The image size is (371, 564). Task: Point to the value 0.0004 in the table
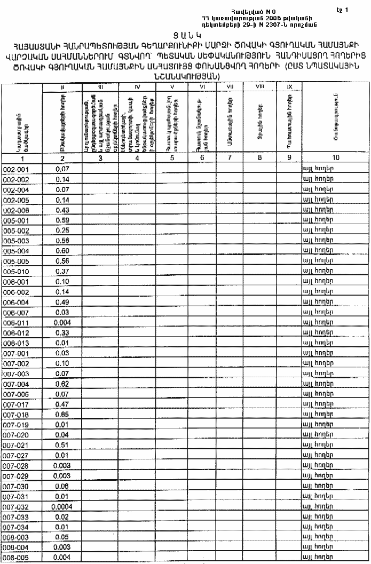pos(63,506)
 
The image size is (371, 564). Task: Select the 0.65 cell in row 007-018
pos(63,415)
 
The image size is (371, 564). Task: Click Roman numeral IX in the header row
pos(288,86)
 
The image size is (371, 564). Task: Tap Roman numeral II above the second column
pos(63,86)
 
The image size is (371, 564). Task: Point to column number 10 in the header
pos(335,158)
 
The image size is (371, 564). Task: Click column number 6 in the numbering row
pos(202,158)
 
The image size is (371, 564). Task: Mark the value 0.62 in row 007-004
pos(63,384)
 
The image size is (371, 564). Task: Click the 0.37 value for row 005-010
pos(63,272)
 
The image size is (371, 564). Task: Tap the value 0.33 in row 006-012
pos(63,333)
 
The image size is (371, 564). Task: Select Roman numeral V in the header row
pos(172,86)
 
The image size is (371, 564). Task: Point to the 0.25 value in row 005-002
pos(63,231)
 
